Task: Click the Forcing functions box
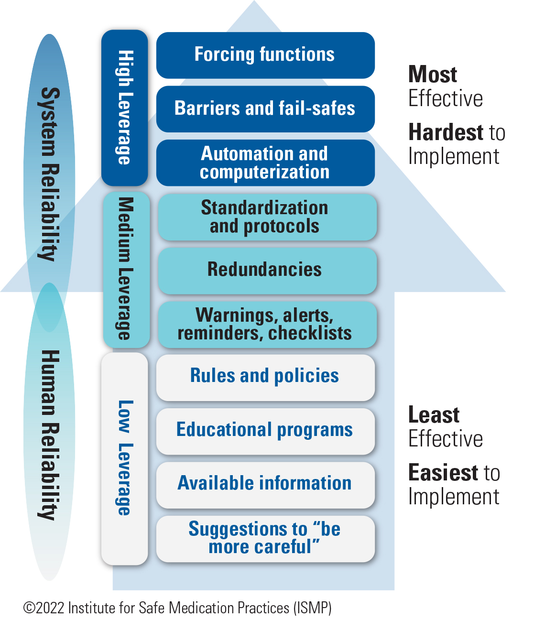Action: [x=265, y=55]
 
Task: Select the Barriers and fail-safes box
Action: [x=265, y=109]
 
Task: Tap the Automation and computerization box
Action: [x=265, y=163]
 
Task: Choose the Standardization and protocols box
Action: [x=267, y=217]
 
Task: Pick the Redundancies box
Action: [x=267, y=270]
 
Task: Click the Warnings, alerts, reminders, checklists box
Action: [x=267, y=324]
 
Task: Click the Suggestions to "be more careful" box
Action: [x=265, y=538]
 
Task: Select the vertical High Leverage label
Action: [x=125, y=108]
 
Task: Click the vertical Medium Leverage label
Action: [x=126, y=269]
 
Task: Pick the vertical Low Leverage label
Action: [x=125, y=458]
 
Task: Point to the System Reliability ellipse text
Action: [x=50, y=174]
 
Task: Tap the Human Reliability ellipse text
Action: [x=50, y=435]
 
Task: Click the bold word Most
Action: [x=433, y=75]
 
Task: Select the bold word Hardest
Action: [x=446, y=132]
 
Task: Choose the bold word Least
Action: [x=434, y=415]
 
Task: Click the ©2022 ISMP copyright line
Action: [x=177, y=608]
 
